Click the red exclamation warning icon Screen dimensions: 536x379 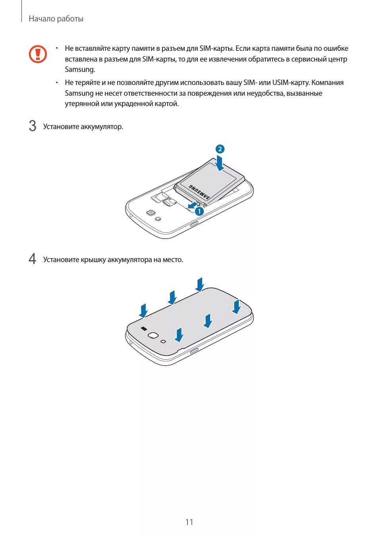(38, 54)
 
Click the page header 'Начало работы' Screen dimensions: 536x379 (56, 19)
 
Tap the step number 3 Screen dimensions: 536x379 (33, 126)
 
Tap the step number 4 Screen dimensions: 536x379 (33, 259)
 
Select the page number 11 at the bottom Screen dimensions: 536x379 (189, 522)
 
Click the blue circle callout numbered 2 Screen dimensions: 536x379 (220, 149)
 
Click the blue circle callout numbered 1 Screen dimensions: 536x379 (199, 211)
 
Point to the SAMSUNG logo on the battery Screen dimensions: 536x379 (199, 192)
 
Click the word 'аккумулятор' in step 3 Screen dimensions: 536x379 (102, 127)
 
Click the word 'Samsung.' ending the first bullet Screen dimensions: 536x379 (80, 69)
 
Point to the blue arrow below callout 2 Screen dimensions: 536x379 (219, 163)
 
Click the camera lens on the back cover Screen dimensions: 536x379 (153, 335)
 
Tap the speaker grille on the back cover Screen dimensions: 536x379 (144, 329)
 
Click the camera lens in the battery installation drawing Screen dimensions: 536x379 (151, 213)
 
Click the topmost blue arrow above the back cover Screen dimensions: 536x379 (200, 284)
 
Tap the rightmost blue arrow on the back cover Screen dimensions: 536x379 (236, 307)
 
